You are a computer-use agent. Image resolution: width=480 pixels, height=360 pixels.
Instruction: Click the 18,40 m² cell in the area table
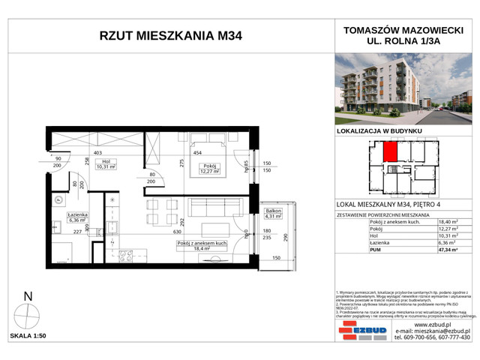click(x=446, y=223)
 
